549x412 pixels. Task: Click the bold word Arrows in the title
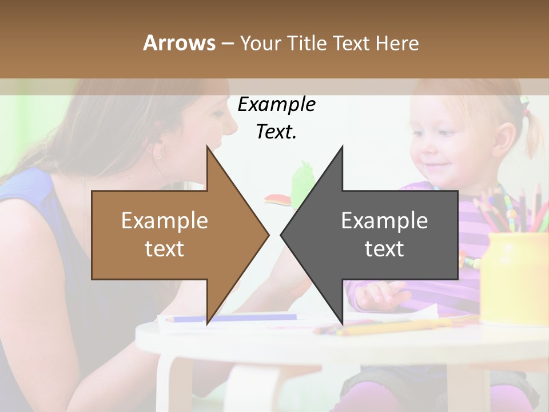pyautogui.click(x=179, y=43)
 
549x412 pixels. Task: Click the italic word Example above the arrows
pyautogui.click(x=276, y=105)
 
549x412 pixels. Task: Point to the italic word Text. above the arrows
pyautogui.click(x=276, y=132)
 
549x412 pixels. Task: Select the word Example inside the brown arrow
pyautogui.click(x=165, y=221)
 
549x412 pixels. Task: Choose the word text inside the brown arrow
pyautogui.click(x=165, y=249)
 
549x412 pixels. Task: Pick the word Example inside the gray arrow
pyautogui.click(x=384, y=221)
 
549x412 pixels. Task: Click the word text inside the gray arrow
pyautogui.click(x=384, y=249)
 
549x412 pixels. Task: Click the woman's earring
pyautogui.click(x=158, y=153)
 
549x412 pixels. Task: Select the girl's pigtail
pyautogui.click(x=534, y=132)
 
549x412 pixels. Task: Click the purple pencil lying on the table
pyautogui.click(x=234, y=318)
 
